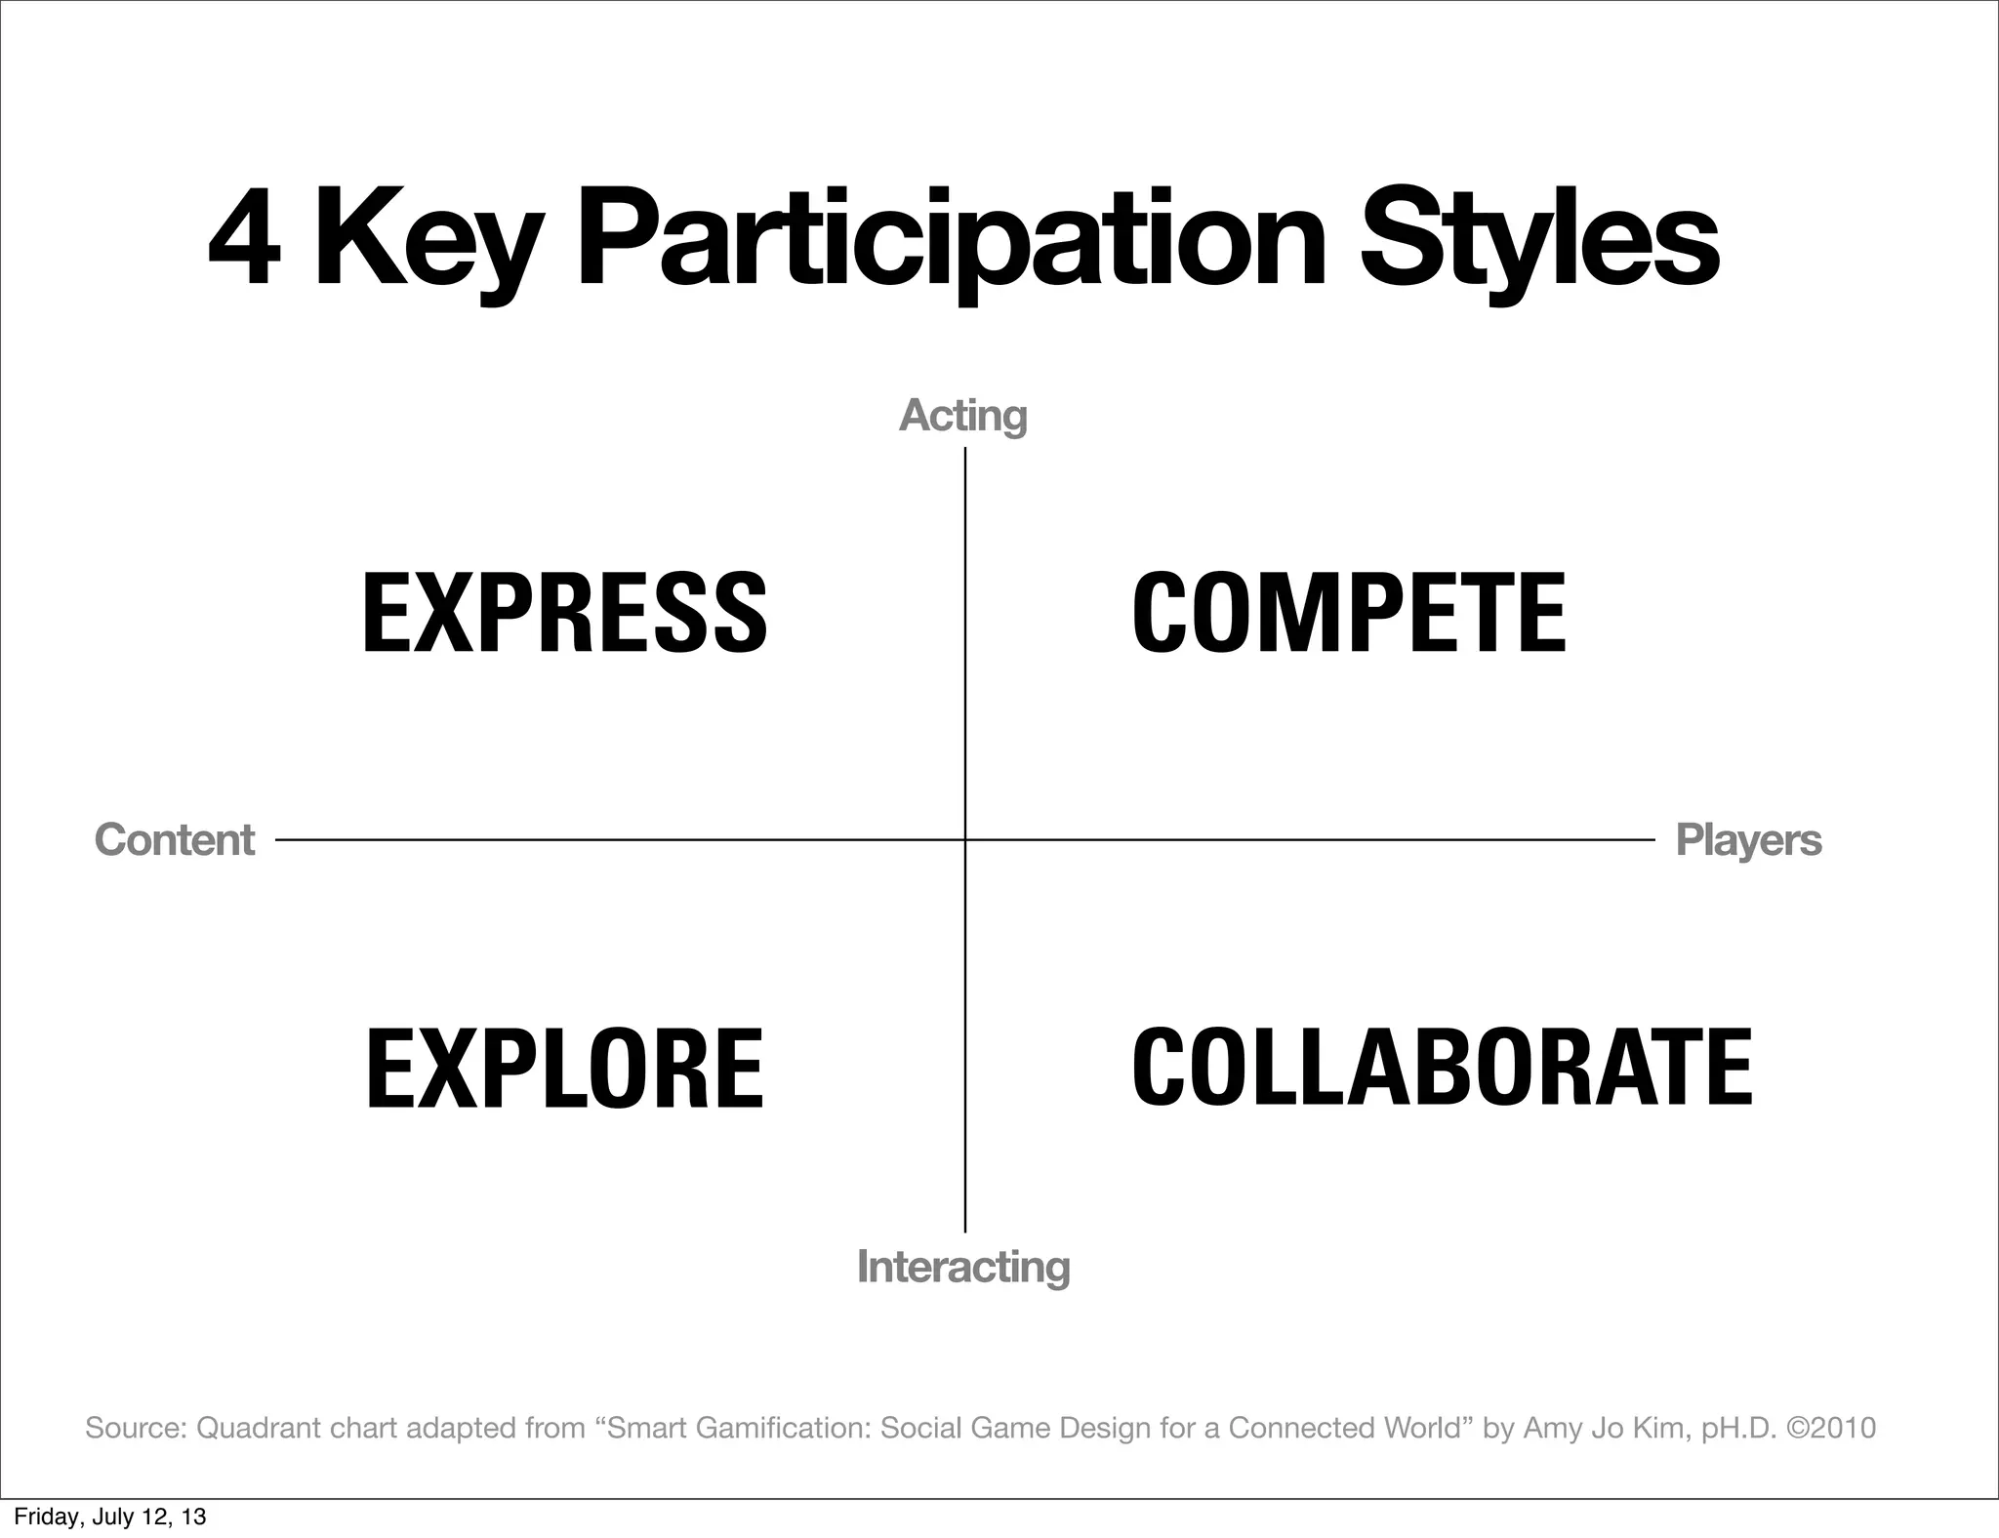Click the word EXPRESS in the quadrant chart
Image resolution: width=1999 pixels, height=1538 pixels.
(564, 613)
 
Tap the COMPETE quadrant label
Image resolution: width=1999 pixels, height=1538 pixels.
(1349, 613)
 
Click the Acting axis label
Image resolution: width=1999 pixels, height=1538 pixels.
(962, 416)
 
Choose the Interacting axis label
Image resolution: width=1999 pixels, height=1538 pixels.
(963, 1267)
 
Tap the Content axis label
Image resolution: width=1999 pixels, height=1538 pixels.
(175, 840)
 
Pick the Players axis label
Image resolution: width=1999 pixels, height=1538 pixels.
(1748, 840)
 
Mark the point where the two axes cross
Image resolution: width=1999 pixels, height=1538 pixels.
(965, 839)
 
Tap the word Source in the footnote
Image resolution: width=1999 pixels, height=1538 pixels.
(135, 1428)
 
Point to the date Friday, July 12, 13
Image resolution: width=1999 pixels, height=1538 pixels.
(110, 1518)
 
